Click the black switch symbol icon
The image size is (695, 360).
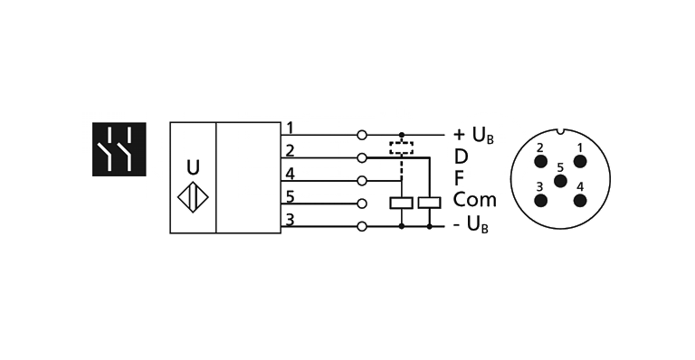tap(119, 148)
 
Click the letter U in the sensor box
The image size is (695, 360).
tap(193, 166)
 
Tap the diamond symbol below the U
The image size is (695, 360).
tap(193, 199)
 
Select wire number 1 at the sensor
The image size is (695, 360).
tap(290, 127)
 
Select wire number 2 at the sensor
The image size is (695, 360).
tap(290, 150)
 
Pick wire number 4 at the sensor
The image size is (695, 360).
tap(290, 174)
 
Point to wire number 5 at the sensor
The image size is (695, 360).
tap(290, 196)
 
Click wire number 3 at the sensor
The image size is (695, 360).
tap(290, 219)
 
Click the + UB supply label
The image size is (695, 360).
tap(472, 136)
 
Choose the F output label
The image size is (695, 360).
tap(460, 179)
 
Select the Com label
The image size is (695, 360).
tap(475, 201)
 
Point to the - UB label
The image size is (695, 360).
tap(471, 224)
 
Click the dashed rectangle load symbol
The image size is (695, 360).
tap(401, 147)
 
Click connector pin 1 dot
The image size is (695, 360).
tap(580, 161)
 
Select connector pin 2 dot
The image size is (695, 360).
tap(540, 161)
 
